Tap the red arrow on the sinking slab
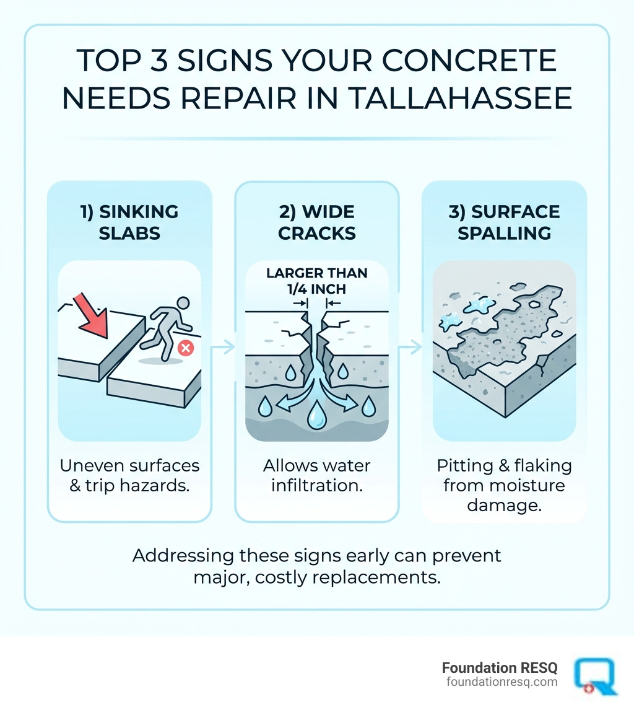coord(91,315)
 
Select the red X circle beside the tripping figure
coord(185,348)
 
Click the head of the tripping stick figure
coord(181,304)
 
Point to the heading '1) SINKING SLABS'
coord(129,222)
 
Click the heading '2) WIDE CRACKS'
coord(316,222)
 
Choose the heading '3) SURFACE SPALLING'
coord(503,222)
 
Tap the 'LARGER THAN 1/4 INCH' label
coord(316,279)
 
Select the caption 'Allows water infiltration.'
coord(316,475)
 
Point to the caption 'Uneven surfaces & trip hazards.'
coord(129,475)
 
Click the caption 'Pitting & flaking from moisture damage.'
coord(503,485)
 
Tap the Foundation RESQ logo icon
coord(594,675)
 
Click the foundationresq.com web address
coord(502,682)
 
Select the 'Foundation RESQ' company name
coord(499,667)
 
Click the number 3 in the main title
coord(163,62)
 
